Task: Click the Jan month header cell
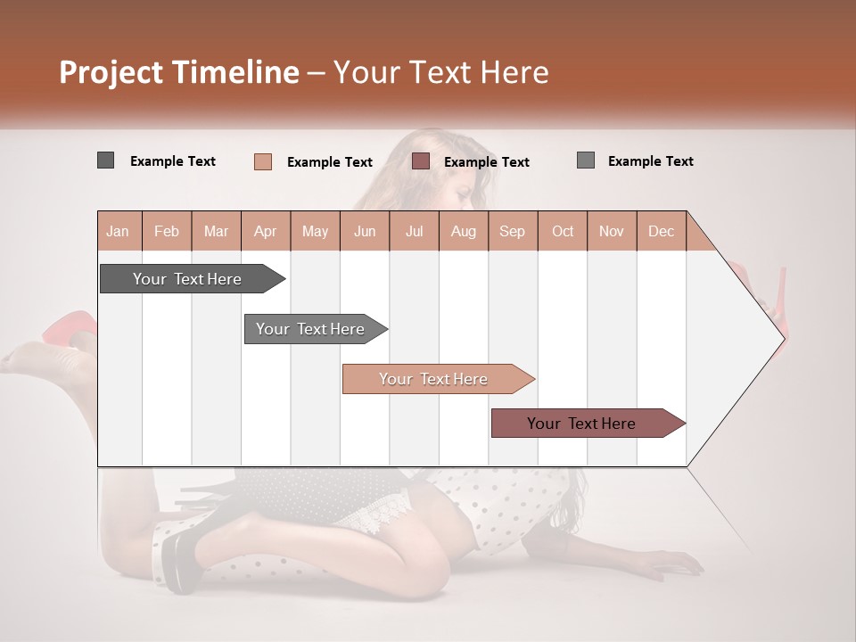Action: pos(119,231)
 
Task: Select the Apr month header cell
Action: pos(266,231)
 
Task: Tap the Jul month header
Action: pos(414,231)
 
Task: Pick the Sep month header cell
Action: pos(513,231)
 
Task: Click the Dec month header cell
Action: pos(661,231)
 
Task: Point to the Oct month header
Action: pos(563,231)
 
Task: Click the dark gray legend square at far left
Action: pos(105,160)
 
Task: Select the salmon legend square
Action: pos(262,161)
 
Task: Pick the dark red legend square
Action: pos(421,161)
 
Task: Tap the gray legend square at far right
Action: pos(585,160)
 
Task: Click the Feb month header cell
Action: pos(167,231)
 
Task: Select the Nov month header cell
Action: pos(612,231)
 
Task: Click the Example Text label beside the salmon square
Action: pos(329,162)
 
